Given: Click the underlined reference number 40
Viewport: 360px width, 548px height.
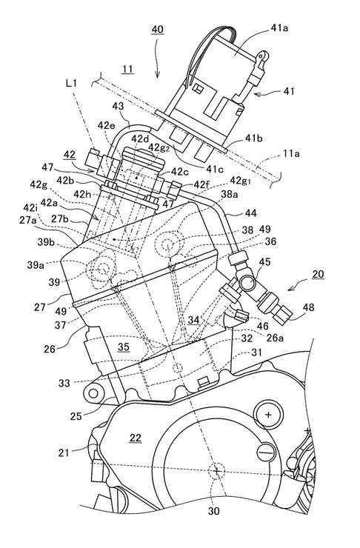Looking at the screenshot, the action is [x=157, y=30].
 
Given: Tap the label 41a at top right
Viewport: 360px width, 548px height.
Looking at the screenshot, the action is [x=279, y=28].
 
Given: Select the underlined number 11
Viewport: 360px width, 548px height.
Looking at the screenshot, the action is [x=127, y=69].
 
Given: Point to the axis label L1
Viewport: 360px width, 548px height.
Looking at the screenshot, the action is [x=71, y=83].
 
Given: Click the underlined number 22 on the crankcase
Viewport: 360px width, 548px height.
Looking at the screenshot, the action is [x=136, y=438].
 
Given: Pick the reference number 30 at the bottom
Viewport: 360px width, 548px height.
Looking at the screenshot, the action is [x=214, y=511].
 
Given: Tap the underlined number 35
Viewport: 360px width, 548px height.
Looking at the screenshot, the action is [x=124, y=347].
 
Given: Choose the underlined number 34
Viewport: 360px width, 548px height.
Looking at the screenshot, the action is [x=194, y=320].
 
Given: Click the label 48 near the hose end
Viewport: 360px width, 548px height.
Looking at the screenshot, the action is [x=308, y=307].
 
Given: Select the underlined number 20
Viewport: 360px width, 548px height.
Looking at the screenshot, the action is [x=318, y=274].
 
